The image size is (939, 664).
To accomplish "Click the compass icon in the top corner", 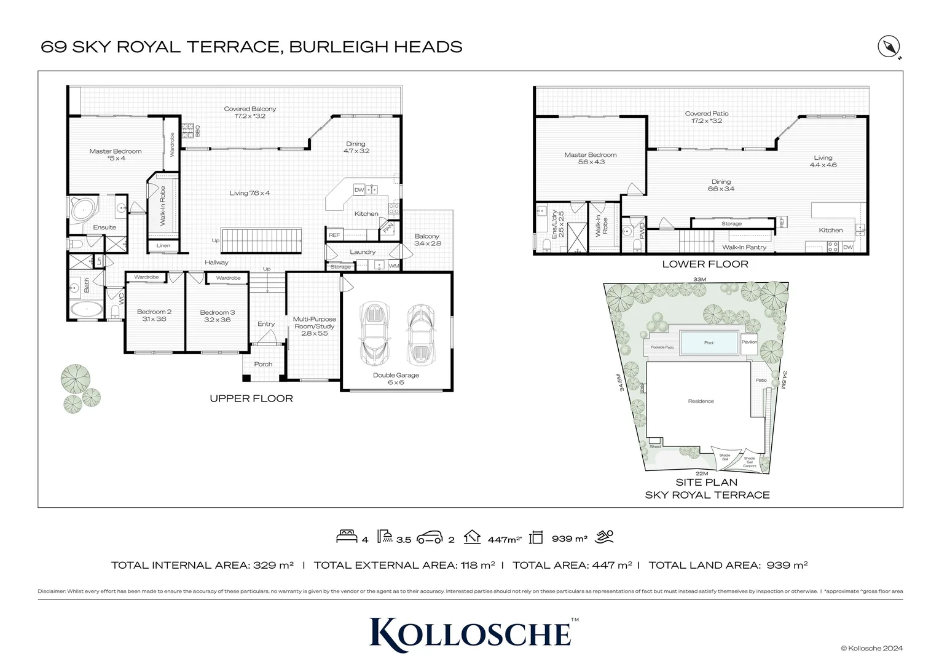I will pos(889,47).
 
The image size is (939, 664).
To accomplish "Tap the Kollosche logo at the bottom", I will pos(471,633).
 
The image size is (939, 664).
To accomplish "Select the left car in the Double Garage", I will pos(374,333).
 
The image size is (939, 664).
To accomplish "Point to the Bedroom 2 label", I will pos(154,312).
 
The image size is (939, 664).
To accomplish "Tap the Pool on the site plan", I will pos(709,342).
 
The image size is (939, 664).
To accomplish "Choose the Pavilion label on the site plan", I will pos(749,342).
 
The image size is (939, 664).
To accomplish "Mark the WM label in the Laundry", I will pos(394,266).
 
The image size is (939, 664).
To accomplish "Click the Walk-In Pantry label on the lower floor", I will pos(744,247).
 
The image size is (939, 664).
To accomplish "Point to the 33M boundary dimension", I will pos(699,279).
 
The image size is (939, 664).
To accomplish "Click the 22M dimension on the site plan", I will pos(702,473).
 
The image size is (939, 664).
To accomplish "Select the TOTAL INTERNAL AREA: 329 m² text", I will pos(202,565).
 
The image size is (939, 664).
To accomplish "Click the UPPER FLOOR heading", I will pos(251,398).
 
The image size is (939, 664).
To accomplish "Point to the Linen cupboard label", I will pos(163,246).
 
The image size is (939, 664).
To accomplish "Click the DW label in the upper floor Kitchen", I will pos(359,190).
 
